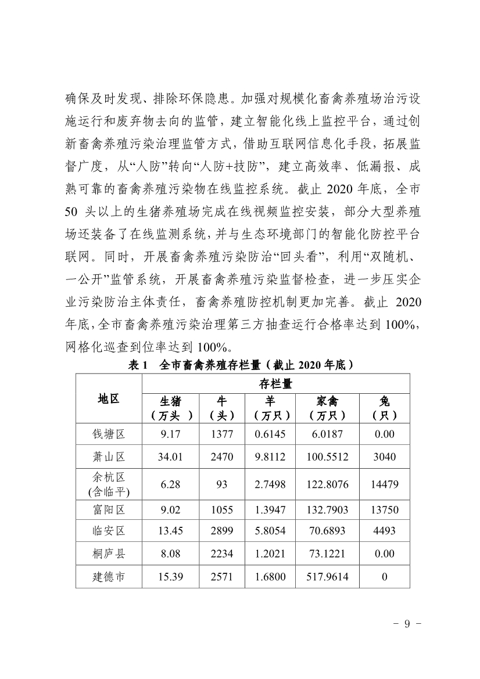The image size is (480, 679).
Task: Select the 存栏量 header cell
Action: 275,383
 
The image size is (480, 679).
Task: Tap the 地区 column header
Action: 109,398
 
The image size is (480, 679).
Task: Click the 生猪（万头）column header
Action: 170,408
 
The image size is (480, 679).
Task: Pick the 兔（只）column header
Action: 384,408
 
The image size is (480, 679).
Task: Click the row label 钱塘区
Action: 109,434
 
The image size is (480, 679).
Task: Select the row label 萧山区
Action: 109,457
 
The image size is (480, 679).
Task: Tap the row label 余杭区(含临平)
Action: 109,484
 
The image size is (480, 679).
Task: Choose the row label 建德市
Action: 109,577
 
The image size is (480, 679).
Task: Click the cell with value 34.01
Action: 170,457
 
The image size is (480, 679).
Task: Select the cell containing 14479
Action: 384,484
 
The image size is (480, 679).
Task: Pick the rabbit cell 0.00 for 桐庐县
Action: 384,554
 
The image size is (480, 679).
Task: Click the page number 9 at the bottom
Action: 407,624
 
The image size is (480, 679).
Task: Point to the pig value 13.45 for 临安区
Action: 170,531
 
